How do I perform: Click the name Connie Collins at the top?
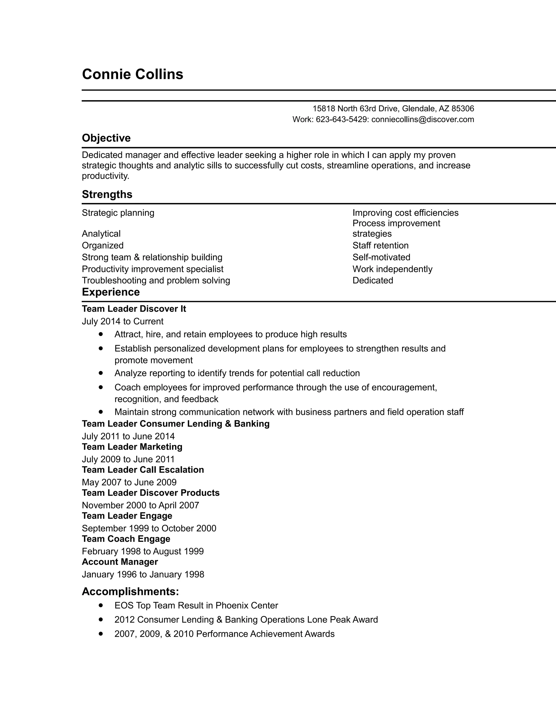coord(132,74)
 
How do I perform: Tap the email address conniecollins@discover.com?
coord(423,119)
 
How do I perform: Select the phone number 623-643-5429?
coord(341,119)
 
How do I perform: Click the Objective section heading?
coord(106,138)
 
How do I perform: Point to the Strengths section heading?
coord(107,194)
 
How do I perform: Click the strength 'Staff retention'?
coord(380,246)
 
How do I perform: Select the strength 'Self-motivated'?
coord(381,257)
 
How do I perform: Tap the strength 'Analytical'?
coord(101,234)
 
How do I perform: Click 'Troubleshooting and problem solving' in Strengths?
coord(156,281)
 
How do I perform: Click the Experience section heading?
coord(111,292)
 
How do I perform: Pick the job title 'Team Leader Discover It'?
coord(134,309)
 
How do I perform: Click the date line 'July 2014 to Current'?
coord(122,321)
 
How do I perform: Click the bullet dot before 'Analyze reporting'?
coord(101,373)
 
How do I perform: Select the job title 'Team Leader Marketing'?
coord(132,447)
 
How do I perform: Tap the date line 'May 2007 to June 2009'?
coord(129,482)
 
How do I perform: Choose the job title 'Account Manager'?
coord(120,562)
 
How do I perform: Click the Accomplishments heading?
coord(130,591)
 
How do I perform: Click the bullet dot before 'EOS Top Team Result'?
coord(101,605)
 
